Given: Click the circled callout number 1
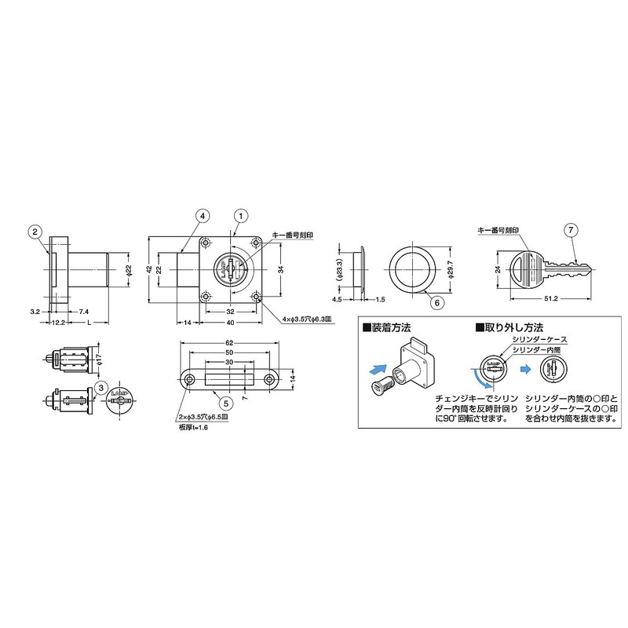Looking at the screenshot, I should pos(240,214).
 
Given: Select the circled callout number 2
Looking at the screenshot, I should pos(35,231).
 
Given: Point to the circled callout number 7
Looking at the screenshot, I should pos(571,231).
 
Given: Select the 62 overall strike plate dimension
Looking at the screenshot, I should pos(228,343).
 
